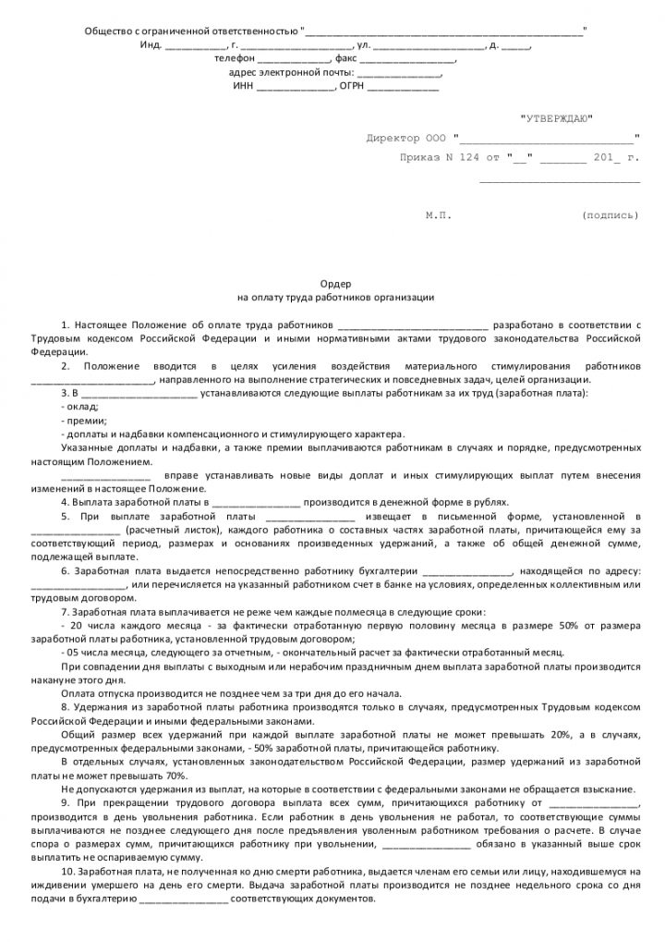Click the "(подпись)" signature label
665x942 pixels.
(x=610, y=215)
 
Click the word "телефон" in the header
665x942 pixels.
(x=231, y=58)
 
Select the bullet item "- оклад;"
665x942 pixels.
(x=79, y=407)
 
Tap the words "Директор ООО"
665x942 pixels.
(x=405, y=139)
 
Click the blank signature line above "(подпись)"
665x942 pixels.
(x=559, y=181)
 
